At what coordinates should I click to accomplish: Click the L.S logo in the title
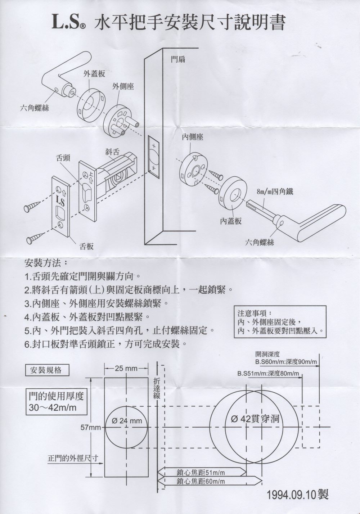coord(69,22)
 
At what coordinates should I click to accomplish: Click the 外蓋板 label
coord(94,74)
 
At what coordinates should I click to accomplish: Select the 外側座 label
coord(123,86)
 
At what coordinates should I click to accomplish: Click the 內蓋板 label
coord(231,221)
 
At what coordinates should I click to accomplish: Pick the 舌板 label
coord(86,246)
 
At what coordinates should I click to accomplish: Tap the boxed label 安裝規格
coord(46,370)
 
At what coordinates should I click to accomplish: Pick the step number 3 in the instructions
coord(27,303)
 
